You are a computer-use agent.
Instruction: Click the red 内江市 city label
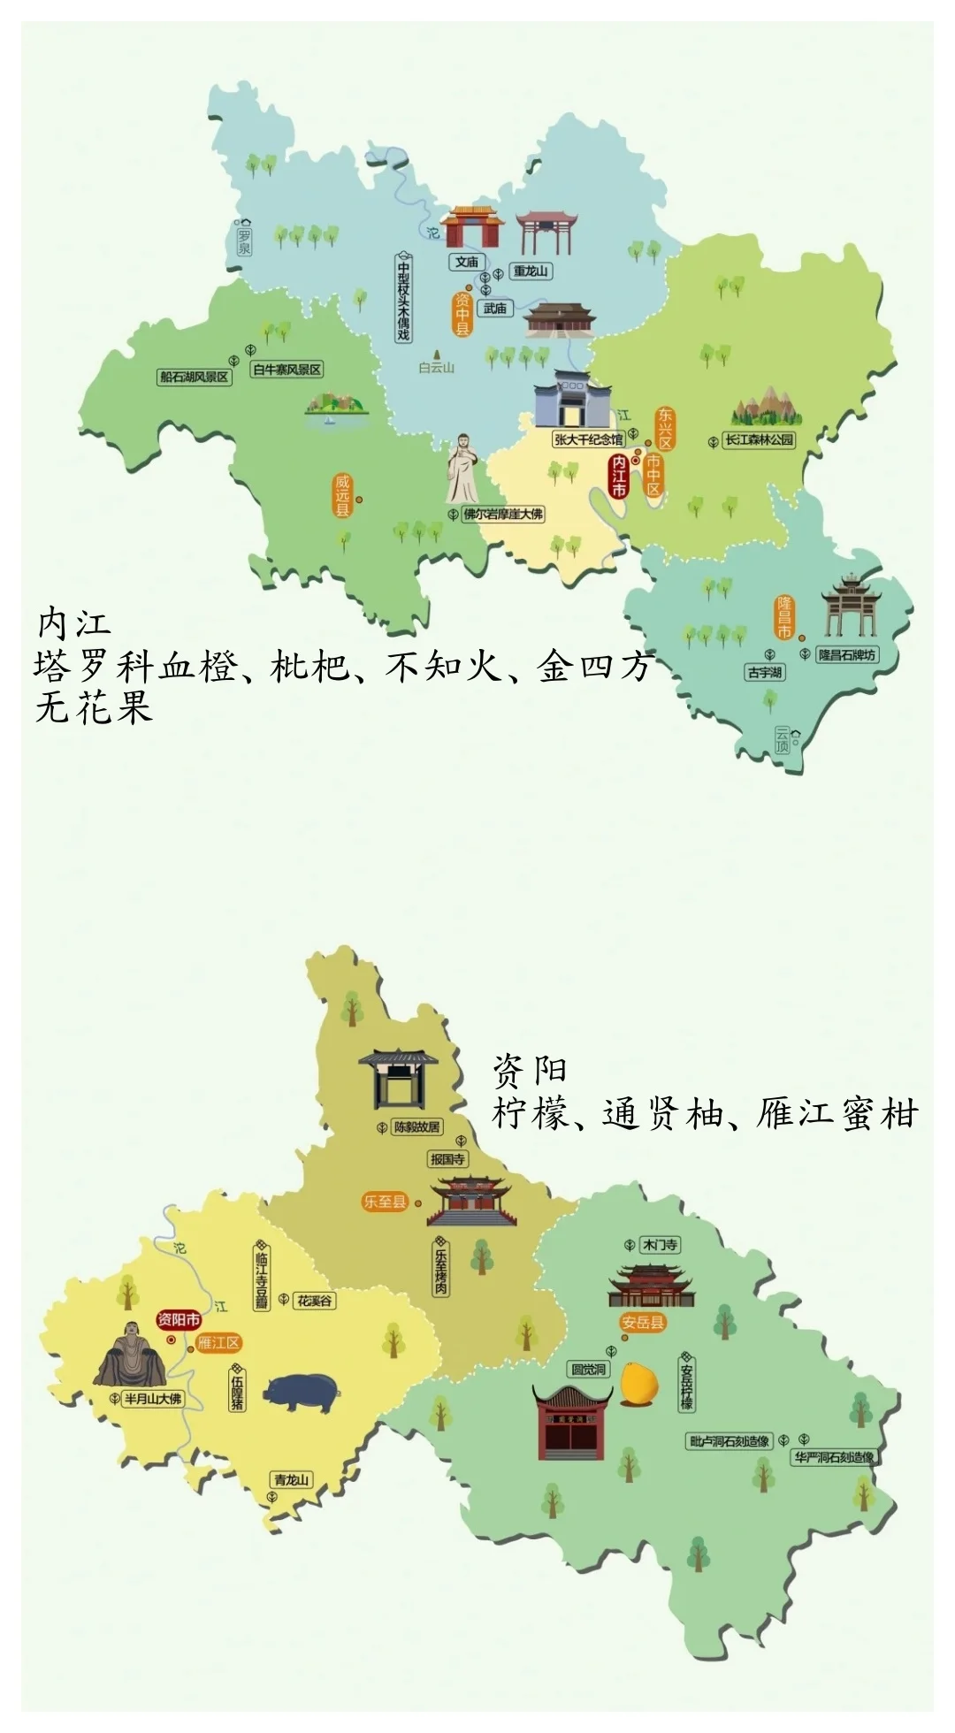click(619, 477)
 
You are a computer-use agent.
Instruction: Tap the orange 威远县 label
click(342, 496)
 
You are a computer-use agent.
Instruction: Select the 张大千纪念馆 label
click(588, 439)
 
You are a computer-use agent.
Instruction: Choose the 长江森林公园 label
click(760, 439)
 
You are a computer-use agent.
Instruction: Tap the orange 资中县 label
click(462, 315)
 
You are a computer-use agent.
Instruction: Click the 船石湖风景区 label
click(194, 378)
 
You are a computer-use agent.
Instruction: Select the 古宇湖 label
click(765, 673)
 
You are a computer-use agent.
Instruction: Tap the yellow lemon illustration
click(638, 1384)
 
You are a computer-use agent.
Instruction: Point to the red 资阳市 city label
click(179, 1320)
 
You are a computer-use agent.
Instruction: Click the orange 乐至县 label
click(385, 1202)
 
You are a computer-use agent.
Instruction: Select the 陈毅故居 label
click(416, 1127)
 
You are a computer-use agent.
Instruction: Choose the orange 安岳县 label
click(643, 1324)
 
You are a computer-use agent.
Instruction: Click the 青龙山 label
click(291, 1480)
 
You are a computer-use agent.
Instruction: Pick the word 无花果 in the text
click(94, 708)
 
